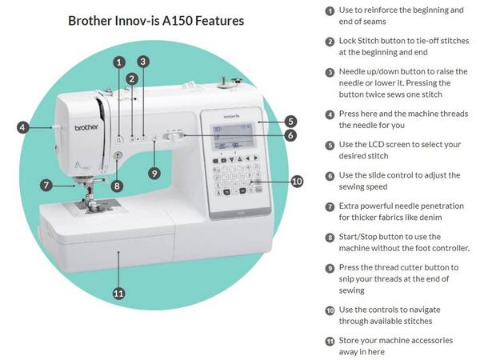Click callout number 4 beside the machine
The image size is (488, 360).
pyautogui.click(x=22, y=127)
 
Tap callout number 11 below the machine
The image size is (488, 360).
pyautogui.click(x=118, y=294)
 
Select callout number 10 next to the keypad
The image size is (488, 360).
pyautogui.click(x=297, y=181)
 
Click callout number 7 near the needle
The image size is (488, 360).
pyautogui.click(x=46, y=186)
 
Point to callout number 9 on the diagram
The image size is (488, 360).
pyautogui.click(x=154, y=173)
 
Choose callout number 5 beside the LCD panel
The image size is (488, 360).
pyautogui.click(x=290, y=121)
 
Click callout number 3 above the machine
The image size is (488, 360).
pyautogui.click(x=143, y=62)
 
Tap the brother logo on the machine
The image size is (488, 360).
pyautogui.click(x=86, y=127)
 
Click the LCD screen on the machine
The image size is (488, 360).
pyautogui.click(x=234, y=136)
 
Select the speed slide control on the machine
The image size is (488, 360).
pyautogui.click(x=174, y=136)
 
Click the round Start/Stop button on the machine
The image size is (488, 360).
pyautogui.click(x=118, y=155)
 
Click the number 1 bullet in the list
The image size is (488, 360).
pyautogui.click(x=330, y=11)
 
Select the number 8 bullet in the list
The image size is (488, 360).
pyautogui.click(x=330, y=238)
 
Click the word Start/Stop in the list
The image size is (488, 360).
pyautogui.click(x=358, y=237)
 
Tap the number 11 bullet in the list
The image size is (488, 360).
pyautogui.click(x=330, y=342)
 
